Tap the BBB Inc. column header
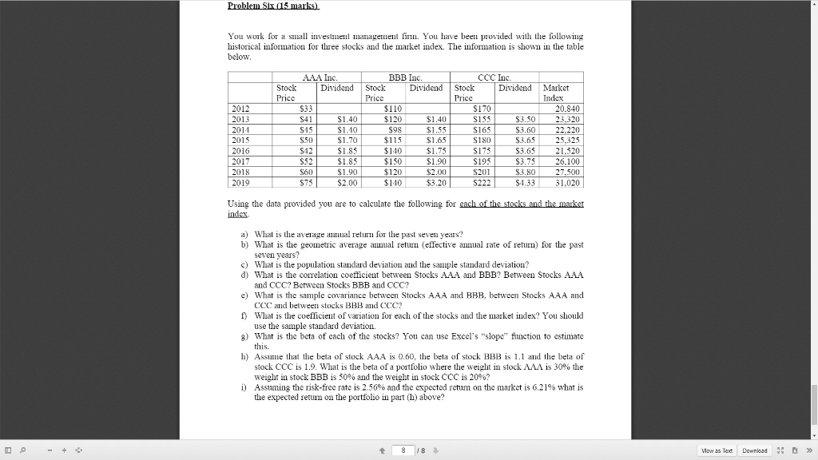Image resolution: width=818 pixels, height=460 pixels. click(407, 77)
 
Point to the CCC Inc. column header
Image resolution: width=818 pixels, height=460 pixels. click(496, 77)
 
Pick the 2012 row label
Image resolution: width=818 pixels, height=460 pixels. click(240, 108)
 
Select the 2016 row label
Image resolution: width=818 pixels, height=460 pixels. click(240, 149)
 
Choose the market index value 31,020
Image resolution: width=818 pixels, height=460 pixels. click(565, 180)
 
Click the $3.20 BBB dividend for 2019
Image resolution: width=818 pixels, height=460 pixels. click(435, 180)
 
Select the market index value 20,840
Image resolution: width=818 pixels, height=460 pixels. click(565, 108)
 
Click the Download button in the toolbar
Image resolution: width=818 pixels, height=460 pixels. click(754, 450)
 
